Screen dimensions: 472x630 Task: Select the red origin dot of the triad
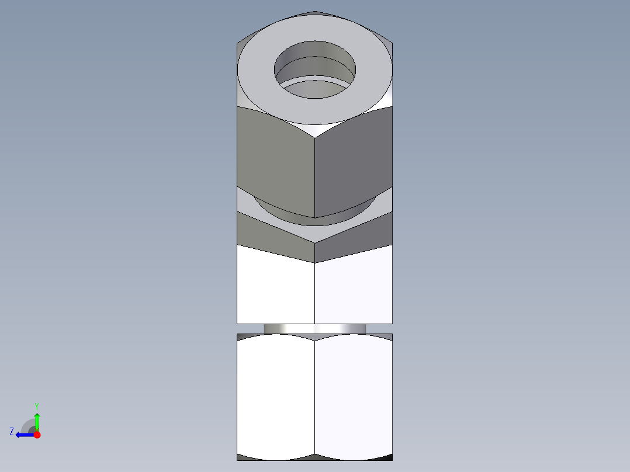point(37,435)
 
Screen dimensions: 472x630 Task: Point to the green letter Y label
point(36,405)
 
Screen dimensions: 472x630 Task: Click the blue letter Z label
point(12,432)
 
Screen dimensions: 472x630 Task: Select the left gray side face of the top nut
point(275,161)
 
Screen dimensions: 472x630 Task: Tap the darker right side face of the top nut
point(353,161)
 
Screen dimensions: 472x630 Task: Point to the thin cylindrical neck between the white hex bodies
point(314,328)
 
